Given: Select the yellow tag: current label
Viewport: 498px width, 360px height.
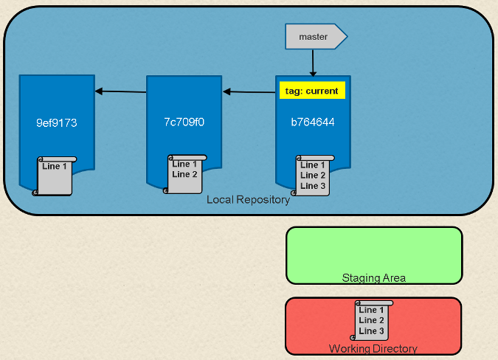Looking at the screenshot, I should point(311,91).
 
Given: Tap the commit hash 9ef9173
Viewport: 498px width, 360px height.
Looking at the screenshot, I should point(56,122).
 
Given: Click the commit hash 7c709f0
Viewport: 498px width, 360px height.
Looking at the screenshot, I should point(184,122).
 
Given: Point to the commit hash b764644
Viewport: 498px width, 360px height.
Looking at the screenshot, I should point(312,122).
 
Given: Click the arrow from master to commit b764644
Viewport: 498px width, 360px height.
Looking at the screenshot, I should point(313,63).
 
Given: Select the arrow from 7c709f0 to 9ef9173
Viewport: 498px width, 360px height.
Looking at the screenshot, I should point(121,91).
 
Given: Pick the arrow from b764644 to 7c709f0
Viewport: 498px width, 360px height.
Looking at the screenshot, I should point(249,92).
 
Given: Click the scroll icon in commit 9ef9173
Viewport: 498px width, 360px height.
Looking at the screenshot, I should point(55,176).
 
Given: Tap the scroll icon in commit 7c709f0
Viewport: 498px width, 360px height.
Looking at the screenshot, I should point(185,174).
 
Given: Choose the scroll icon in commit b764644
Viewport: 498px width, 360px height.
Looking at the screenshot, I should point(313,176).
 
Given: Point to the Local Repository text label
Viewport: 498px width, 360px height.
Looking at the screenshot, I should point(248,200).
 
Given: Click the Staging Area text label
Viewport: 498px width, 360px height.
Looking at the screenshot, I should point(373,278).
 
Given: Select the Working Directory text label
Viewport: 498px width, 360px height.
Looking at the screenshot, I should point(373,349).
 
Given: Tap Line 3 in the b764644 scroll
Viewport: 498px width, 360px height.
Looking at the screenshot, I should point(313,186).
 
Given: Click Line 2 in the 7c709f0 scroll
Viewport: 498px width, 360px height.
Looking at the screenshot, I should point(184,175).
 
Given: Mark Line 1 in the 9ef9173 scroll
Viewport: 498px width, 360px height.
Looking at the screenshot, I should point(55,167).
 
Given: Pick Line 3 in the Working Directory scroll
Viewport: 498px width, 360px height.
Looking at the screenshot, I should point(371,331).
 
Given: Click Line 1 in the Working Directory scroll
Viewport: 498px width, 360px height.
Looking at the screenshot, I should point(371,311).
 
